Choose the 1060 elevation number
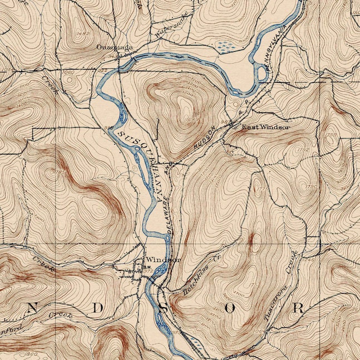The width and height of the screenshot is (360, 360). [69, 71]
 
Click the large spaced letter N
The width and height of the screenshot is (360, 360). [32, 307]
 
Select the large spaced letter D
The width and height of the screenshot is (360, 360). [98, 307]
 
